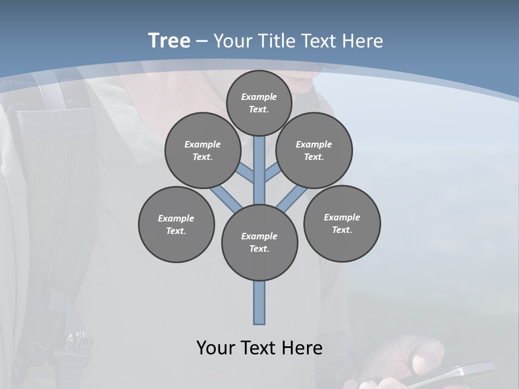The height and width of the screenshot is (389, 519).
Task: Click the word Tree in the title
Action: pyautogui.click(x=169, y=41)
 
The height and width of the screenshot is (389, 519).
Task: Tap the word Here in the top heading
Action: pyautogui.click(x=363, y=41)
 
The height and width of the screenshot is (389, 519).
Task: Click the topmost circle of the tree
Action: pyautogui.click(x=259, y=103)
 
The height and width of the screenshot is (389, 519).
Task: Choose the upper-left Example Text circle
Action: pyautogui.click(x=202, y=150)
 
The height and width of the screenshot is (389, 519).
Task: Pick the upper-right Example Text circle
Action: pyautogui.click(x=314, y=150)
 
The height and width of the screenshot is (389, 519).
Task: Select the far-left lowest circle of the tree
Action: pyautogui.click(x=176, y=224)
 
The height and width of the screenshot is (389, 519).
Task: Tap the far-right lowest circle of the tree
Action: pyautogui.click(x=342, y=223)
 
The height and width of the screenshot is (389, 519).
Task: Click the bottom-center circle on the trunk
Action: pyautogui.click(x=259, y=243)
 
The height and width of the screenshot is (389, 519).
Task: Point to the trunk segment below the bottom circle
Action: pyautogui.click(x=259, y=303)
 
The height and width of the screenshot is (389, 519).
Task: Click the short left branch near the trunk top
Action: pyautogui.click(x=245, y=172)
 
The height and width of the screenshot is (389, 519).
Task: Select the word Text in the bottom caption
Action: pyautogui.click(x=259, y=348)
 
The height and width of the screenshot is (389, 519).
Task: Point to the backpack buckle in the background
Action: pyautogui.click(x=76, y=343)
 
